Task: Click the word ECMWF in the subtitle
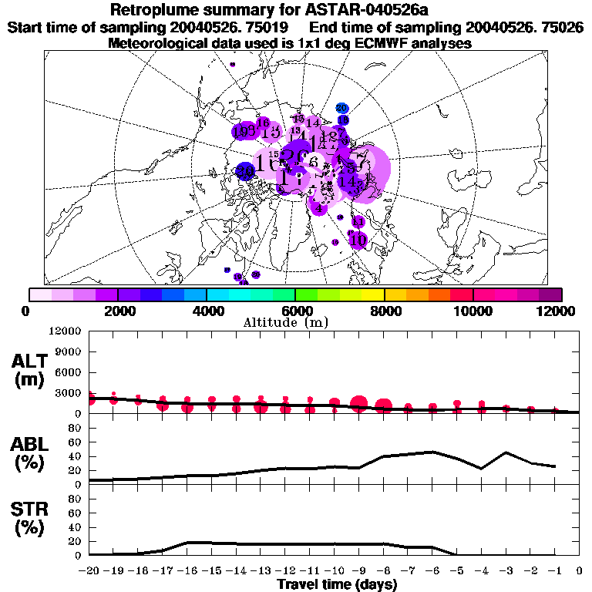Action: point(356,43)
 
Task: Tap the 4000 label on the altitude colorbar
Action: point(207,311)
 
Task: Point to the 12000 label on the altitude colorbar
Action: point(557,311)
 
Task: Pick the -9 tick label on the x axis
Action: point(358,572)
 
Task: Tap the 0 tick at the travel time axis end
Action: point(579,572)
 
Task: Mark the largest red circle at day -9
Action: point(358,403)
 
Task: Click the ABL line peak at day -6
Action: point(432,452)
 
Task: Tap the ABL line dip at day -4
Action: point(482,468)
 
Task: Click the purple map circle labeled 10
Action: point(358,240)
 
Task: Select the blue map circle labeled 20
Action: point(343,109)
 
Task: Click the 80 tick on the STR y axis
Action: point(75,499)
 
